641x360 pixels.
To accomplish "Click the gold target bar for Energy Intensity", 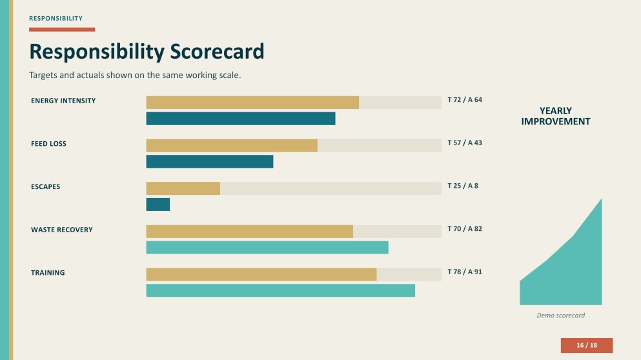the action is tap(252, 103).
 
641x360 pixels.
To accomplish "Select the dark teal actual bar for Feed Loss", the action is tap(210, 161).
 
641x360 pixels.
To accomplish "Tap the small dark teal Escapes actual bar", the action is tap(158, 205).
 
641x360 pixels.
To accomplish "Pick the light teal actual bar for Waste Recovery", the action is tap(267, 248).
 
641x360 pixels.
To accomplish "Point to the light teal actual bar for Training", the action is tap(280, 290).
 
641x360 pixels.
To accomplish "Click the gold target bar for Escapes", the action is tap(183, 188).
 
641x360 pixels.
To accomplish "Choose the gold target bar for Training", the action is tap(261, 275).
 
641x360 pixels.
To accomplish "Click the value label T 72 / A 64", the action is tap(465, 100).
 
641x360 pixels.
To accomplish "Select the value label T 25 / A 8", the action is tap(463, 186).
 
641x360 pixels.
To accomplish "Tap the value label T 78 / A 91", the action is tap(465, 272).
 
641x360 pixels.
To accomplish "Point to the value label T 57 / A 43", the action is tap(465, 143).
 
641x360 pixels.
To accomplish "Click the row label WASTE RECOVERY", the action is tap(62, 230).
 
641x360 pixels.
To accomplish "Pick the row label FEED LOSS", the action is tap(48, 144).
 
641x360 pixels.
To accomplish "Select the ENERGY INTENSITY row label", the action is tap(63, 101).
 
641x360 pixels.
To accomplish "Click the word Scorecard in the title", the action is tap(217, 52).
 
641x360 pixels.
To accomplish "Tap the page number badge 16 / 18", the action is tap(587, 345).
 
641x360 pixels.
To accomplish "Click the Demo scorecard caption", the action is tap(560, 315).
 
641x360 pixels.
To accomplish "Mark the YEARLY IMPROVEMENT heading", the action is tap(556, 116).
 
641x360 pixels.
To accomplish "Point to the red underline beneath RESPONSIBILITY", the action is tap(62, 30).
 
